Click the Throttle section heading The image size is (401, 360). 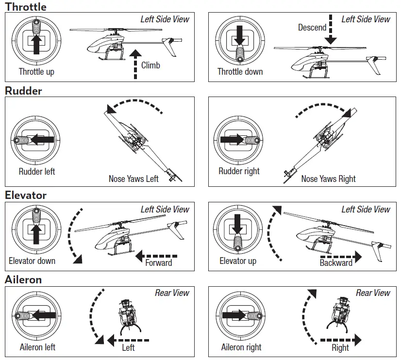coord(26,7)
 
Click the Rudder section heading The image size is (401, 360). coord(23,91)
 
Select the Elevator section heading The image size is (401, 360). coord(26,195)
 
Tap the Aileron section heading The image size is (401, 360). coord(23,279)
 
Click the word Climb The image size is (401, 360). coord(150,65)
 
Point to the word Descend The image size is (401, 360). coord(312,27)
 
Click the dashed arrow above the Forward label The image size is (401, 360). coord(156,256)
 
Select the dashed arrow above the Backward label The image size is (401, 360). coord(341,256)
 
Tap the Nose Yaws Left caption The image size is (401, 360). coord(134,179)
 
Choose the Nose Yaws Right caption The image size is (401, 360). coord(328,179)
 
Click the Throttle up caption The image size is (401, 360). coord(36,71)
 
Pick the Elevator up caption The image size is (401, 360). coord(238,261)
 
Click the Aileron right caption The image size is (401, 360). coord(241,347)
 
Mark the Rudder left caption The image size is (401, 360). coord(37,171)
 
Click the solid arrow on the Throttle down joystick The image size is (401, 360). coord(240,35)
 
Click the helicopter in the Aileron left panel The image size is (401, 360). coord(130,315)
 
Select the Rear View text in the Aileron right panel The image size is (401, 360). coord(373,293)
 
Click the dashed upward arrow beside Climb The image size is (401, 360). coord(135,65)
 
